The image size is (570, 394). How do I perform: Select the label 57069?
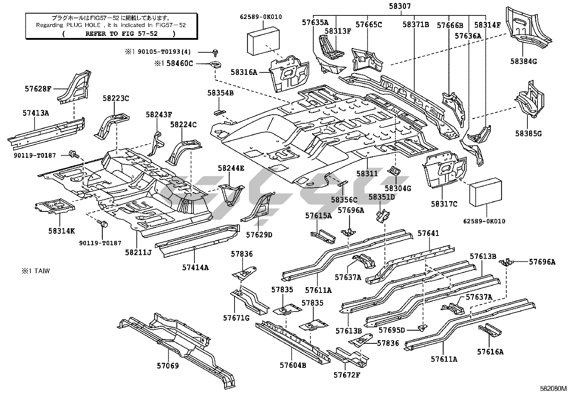168,365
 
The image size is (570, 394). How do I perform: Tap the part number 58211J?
138,253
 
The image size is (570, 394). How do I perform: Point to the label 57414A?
195,267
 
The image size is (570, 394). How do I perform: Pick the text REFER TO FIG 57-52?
119,34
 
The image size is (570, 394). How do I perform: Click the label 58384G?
523,61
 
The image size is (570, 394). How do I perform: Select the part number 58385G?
528,134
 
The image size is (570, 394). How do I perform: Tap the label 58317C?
444,204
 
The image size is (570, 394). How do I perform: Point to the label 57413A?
35,113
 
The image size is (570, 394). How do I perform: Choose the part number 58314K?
62,231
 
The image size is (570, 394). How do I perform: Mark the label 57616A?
490,352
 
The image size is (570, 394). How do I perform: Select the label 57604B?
293,365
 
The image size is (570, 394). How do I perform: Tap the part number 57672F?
347,375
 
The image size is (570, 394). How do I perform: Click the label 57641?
428,233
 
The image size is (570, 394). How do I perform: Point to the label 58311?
367,174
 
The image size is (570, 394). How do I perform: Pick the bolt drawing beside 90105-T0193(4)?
216,52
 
